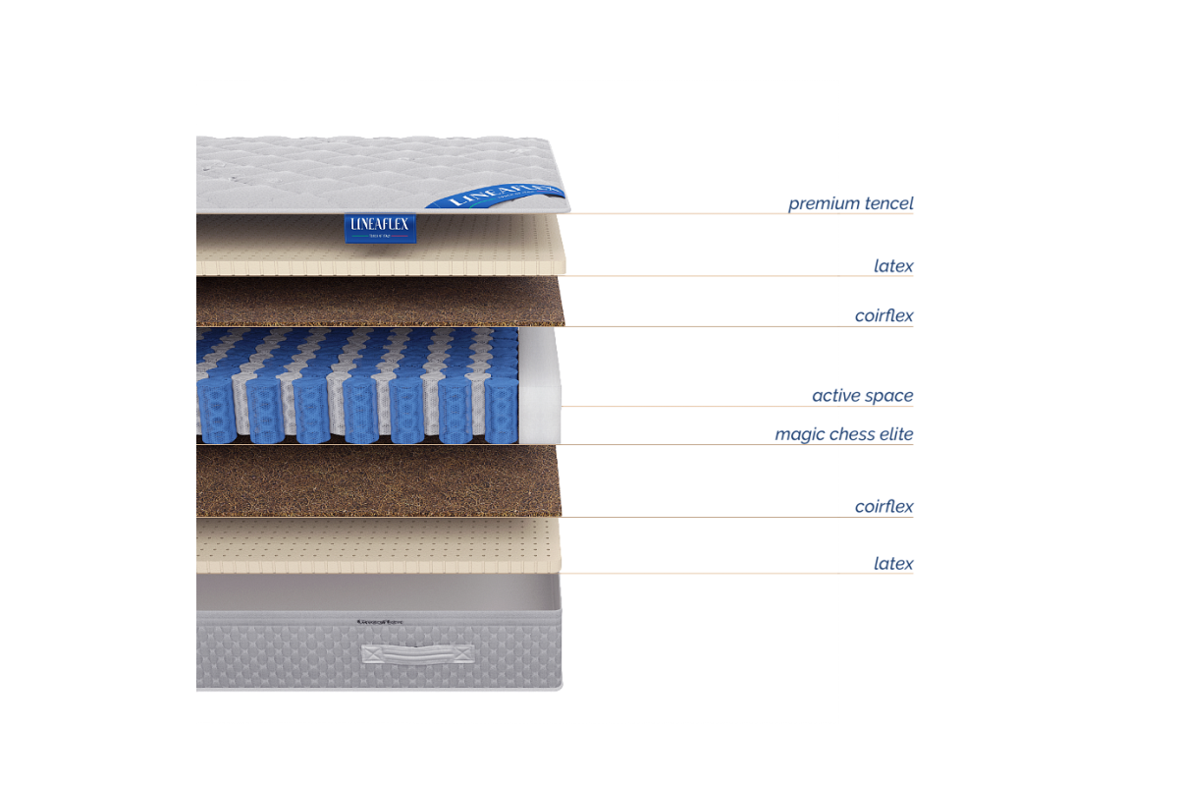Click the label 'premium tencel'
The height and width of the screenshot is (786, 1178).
pos(850,203)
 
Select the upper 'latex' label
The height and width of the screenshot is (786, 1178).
pos(893,265)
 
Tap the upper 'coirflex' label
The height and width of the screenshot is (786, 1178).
pos(883,315)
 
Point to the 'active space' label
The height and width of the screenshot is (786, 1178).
pos(862,396)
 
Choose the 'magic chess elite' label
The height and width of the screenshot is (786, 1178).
pos(844,434)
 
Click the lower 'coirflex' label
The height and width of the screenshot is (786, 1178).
pos(883,507)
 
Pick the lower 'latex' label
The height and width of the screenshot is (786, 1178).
pos(893,563)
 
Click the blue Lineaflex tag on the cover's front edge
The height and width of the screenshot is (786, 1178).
pos(383,228)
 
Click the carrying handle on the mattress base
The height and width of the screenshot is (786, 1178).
pos(417,653)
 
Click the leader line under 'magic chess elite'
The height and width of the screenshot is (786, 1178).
pos(736,445)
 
